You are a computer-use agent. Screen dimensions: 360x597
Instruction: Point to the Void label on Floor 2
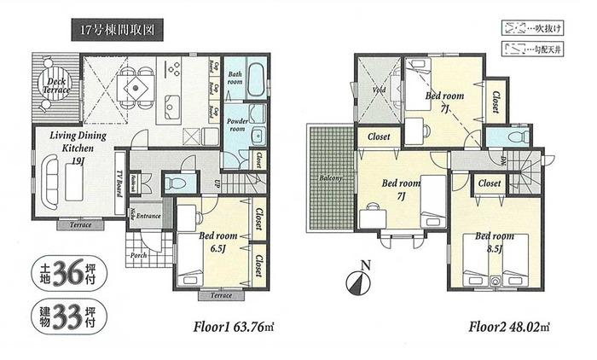click(x=378, y=90)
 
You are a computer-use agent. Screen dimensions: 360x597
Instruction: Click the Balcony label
click(x=331, y=178)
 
